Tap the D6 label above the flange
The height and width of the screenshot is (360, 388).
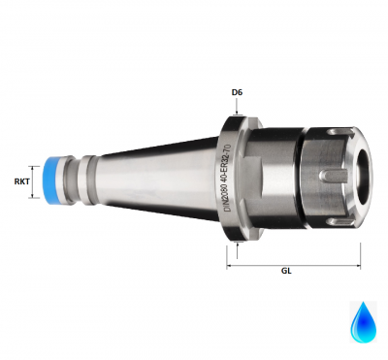(x=236, y=93)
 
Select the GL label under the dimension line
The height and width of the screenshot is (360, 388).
(x=287, y=271)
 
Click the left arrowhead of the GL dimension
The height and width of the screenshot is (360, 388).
(x=231, y=259)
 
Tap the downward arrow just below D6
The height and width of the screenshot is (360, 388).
(x=236, y=110)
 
